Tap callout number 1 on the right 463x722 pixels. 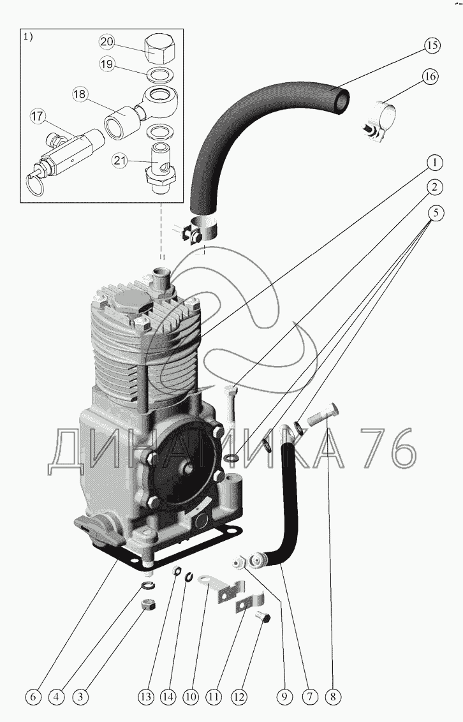[x=433, y=163]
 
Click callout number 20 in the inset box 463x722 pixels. [x=107, y=42]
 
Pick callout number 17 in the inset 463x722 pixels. [x=38, y=117]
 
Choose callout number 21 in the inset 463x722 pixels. [x=119, y=160]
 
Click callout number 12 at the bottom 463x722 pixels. [x=239, y=697]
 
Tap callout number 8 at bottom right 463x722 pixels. [x=332, y=697]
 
